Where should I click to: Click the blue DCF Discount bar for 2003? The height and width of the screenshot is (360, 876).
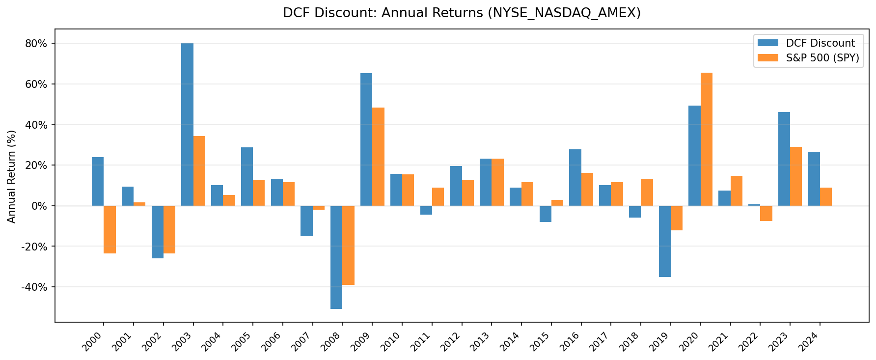[x=187, y=124]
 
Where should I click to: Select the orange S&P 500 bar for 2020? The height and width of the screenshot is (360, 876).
[x=706, y=139]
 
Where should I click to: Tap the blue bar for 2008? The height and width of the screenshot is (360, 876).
[x=336, y=257]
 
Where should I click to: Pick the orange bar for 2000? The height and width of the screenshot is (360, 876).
[x=109, y=229]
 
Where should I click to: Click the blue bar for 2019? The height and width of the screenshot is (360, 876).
[x=664, y=241]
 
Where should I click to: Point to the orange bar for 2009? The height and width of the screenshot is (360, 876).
[x=378, y=156]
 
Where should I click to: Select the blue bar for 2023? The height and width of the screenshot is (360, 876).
[x=784, y=159]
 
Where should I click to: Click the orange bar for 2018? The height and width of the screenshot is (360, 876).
[x=647, y=192]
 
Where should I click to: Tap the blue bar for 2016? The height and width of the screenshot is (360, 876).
[x=575, y=177]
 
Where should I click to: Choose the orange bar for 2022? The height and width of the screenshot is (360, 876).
[x=766, y=213]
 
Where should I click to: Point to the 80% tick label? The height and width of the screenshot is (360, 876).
[x=36, y=43]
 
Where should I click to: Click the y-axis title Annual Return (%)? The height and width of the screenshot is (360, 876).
[x=12, y=176]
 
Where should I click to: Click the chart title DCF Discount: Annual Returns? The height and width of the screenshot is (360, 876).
[x=462, y=13]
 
